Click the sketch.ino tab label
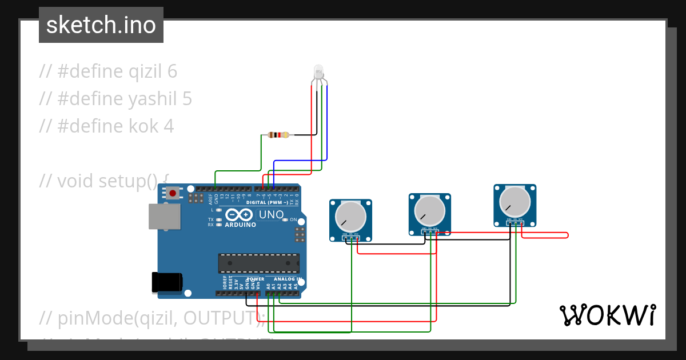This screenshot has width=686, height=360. pyautogui.click(x=101, y=25)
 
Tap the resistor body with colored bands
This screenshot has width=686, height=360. pyautogui.click(x=278, y=135)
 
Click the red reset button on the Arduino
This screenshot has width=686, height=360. pyautogui.click(x=173, y=193)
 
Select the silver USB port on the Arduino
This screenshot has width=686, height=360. pyautogui.click(x=164, y=217)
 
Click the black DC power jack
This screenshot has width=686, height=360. pyautogui.click(x=167, y=282)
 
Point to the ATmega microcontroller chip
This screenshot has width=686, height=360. pyautogui.click(x=258, y=263)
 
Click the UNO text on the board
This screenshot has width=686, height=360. pyautogui.click(x=272, y=215)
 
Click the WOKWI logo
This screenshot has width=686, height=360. pyautogui.click(x=607, y=315)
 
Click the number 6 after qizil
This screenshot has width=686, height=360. pyautogui.click(x=172, y=71)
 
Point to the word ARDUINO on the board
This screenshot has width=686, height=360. pyautogui.click(x=240, y=225)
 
